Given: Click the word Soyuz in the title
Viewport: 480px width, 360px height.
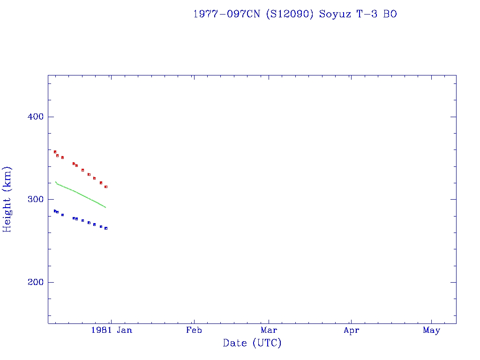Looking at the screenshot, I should click(x=334, y=14).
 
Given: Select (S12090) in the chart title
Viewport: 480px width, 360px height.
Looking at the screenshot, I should click(x=289, y=14).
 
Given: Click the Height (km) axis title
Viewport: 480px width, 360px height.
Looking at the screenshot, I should click(x=7, y=200).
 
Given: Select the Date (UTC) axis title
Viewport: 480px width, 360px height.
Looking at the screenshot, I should click(x=252, y=343).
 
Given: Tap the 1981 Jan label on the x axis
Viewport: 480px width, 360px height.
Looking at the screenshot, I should click(x=112, y=330).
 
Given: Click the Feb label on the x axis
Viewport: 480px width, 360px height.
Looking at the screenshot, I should click(x=194, y=330).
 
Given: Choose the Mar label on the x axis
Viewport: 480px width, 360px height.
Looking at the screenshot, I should click(x=269, y=330).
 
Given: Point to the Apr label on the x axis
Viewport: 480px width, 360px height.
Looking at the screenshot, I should click(x=351, y=330).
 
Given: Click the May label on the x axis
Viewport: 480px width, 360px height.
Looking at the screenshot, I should click(x=431, y=330).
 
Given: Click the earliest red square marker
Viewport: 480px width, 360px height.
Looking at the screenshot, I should click(x=55, y=152).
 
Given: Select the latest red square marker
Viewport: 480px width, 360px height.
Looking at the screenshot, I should click(x=106, y=187).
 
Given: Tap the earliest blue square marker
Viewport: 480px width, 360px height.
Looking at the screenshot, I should click(x=55, y=211).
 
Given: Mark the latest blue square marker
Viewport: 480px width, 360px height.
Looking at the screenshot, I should click(x=106, y=228).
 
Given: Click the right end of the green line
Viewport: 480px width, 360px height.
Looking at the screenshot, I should click(x=106, y=207).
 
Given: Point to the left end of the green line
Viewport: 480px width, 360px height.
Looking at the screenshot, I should click(x=55, y=181).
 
